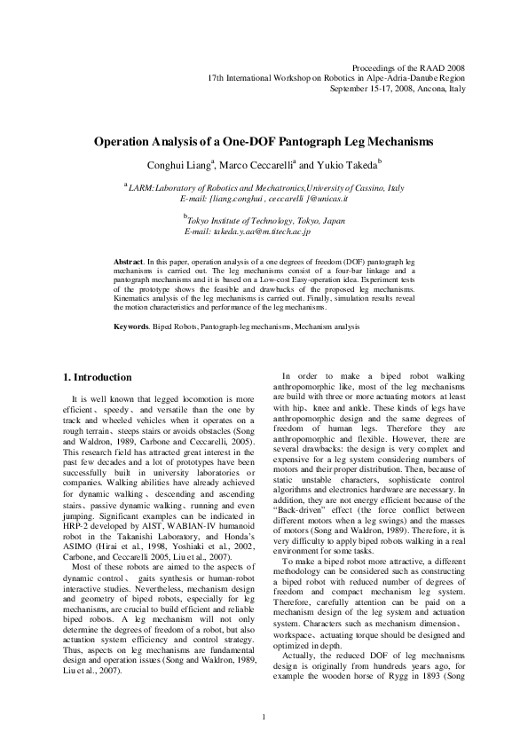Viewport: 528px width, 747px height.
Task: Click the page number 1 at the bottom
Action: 264,717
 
